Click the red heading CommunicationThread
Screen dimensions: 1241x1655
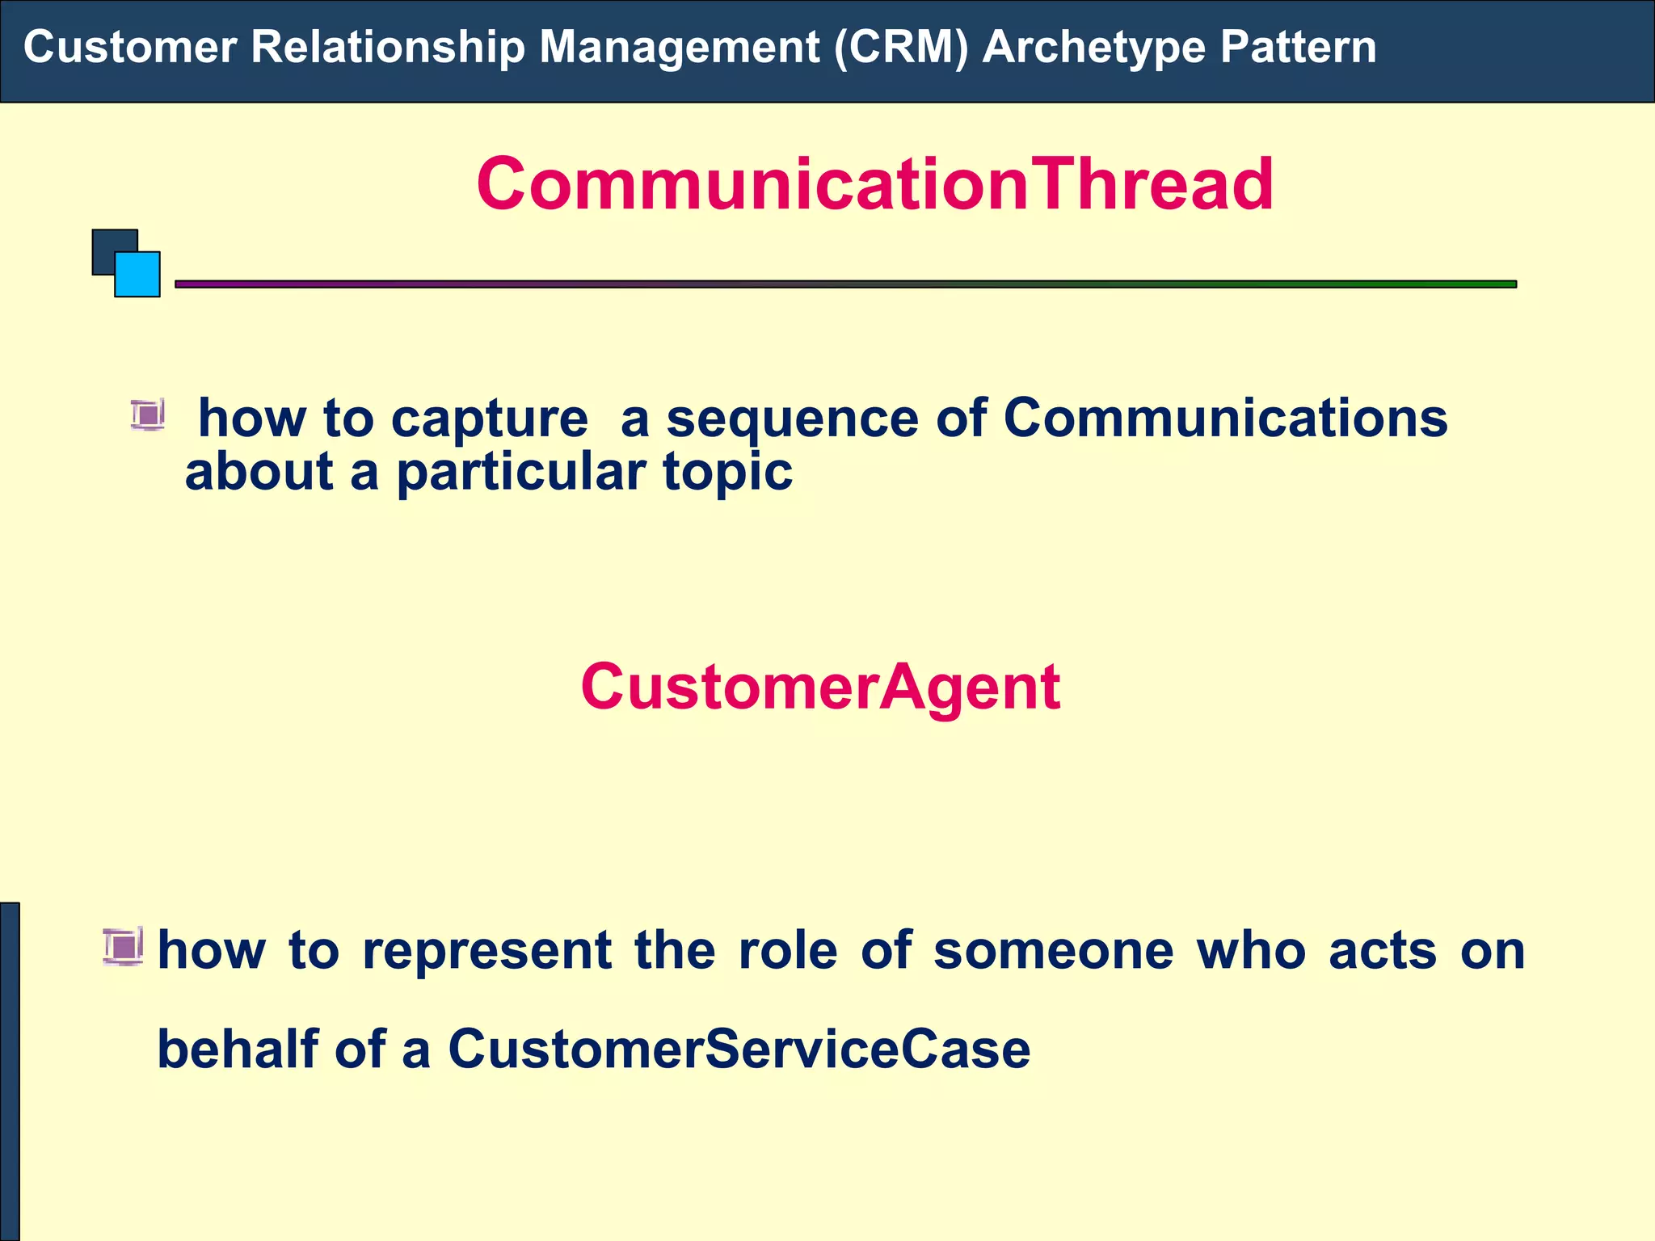tap(874, 184)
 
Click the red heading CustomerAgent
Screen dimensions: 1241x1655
tap(820, 687)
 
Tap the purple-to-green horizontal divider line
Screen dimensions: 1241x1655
tap(844, 284)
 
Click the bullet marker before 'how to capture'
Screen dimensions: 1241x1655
tap(148, 415)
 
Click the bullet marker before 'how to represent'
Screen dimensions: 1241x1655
tap(124, 946)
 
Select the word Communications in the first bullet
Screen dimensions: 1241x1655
tap(1225, 419)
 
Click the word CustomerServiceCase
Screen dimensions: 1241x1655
tap(739, 1049)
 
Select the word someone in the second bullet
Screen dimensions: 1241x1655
tap(1053, 950)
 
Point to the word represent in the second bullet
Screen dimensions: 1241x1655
tap(486, 950)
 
